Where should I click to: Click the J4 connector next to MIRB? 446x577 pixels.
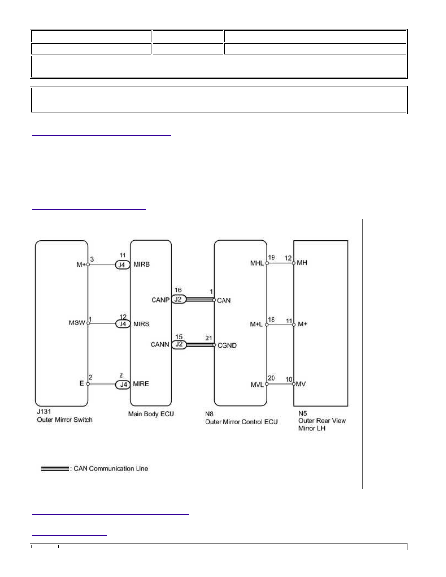point(122,265)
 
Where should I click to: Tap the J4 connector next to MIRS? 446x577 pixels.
point(122,324)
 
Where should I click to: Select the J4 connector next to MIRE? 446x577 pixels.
point(123,384)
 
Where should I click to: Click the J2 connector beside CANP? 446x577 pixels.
point(178,300)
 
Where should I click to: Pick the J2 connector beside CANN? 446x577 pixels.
point(179,345)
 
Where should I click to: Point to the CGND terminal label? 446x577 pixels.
point(227,345)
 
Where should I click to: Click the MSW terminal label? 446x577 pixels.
point(77,322)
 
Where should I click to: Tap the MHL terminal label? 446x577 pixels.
point(257,263)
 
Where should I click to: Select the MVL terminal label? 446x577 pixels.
point(257,385)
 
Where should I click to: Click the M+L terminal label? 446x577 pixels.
point(256,324)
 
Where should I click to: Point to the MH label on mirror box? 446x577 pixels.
point(302,263)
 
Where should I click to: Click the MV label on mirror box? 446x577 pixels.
point(301,384)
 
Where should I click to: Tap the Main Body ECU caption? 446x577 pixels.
point(151,414)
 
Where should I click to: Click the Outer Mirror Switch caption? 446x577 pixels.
point(65,420)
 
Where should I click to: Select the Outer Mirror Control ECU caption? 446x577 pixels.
point(241,422)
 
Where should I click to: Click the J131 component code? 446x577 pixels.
point(44,411)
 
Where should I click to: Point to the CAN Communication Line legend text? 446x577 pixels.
point(111,468)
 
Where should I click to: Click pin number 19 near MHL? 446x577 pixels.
point(271,257)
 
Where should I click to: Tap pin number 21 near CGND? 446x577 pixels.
point(208,338)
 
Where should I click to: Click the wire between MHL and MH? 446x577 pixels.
point(280,263)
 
